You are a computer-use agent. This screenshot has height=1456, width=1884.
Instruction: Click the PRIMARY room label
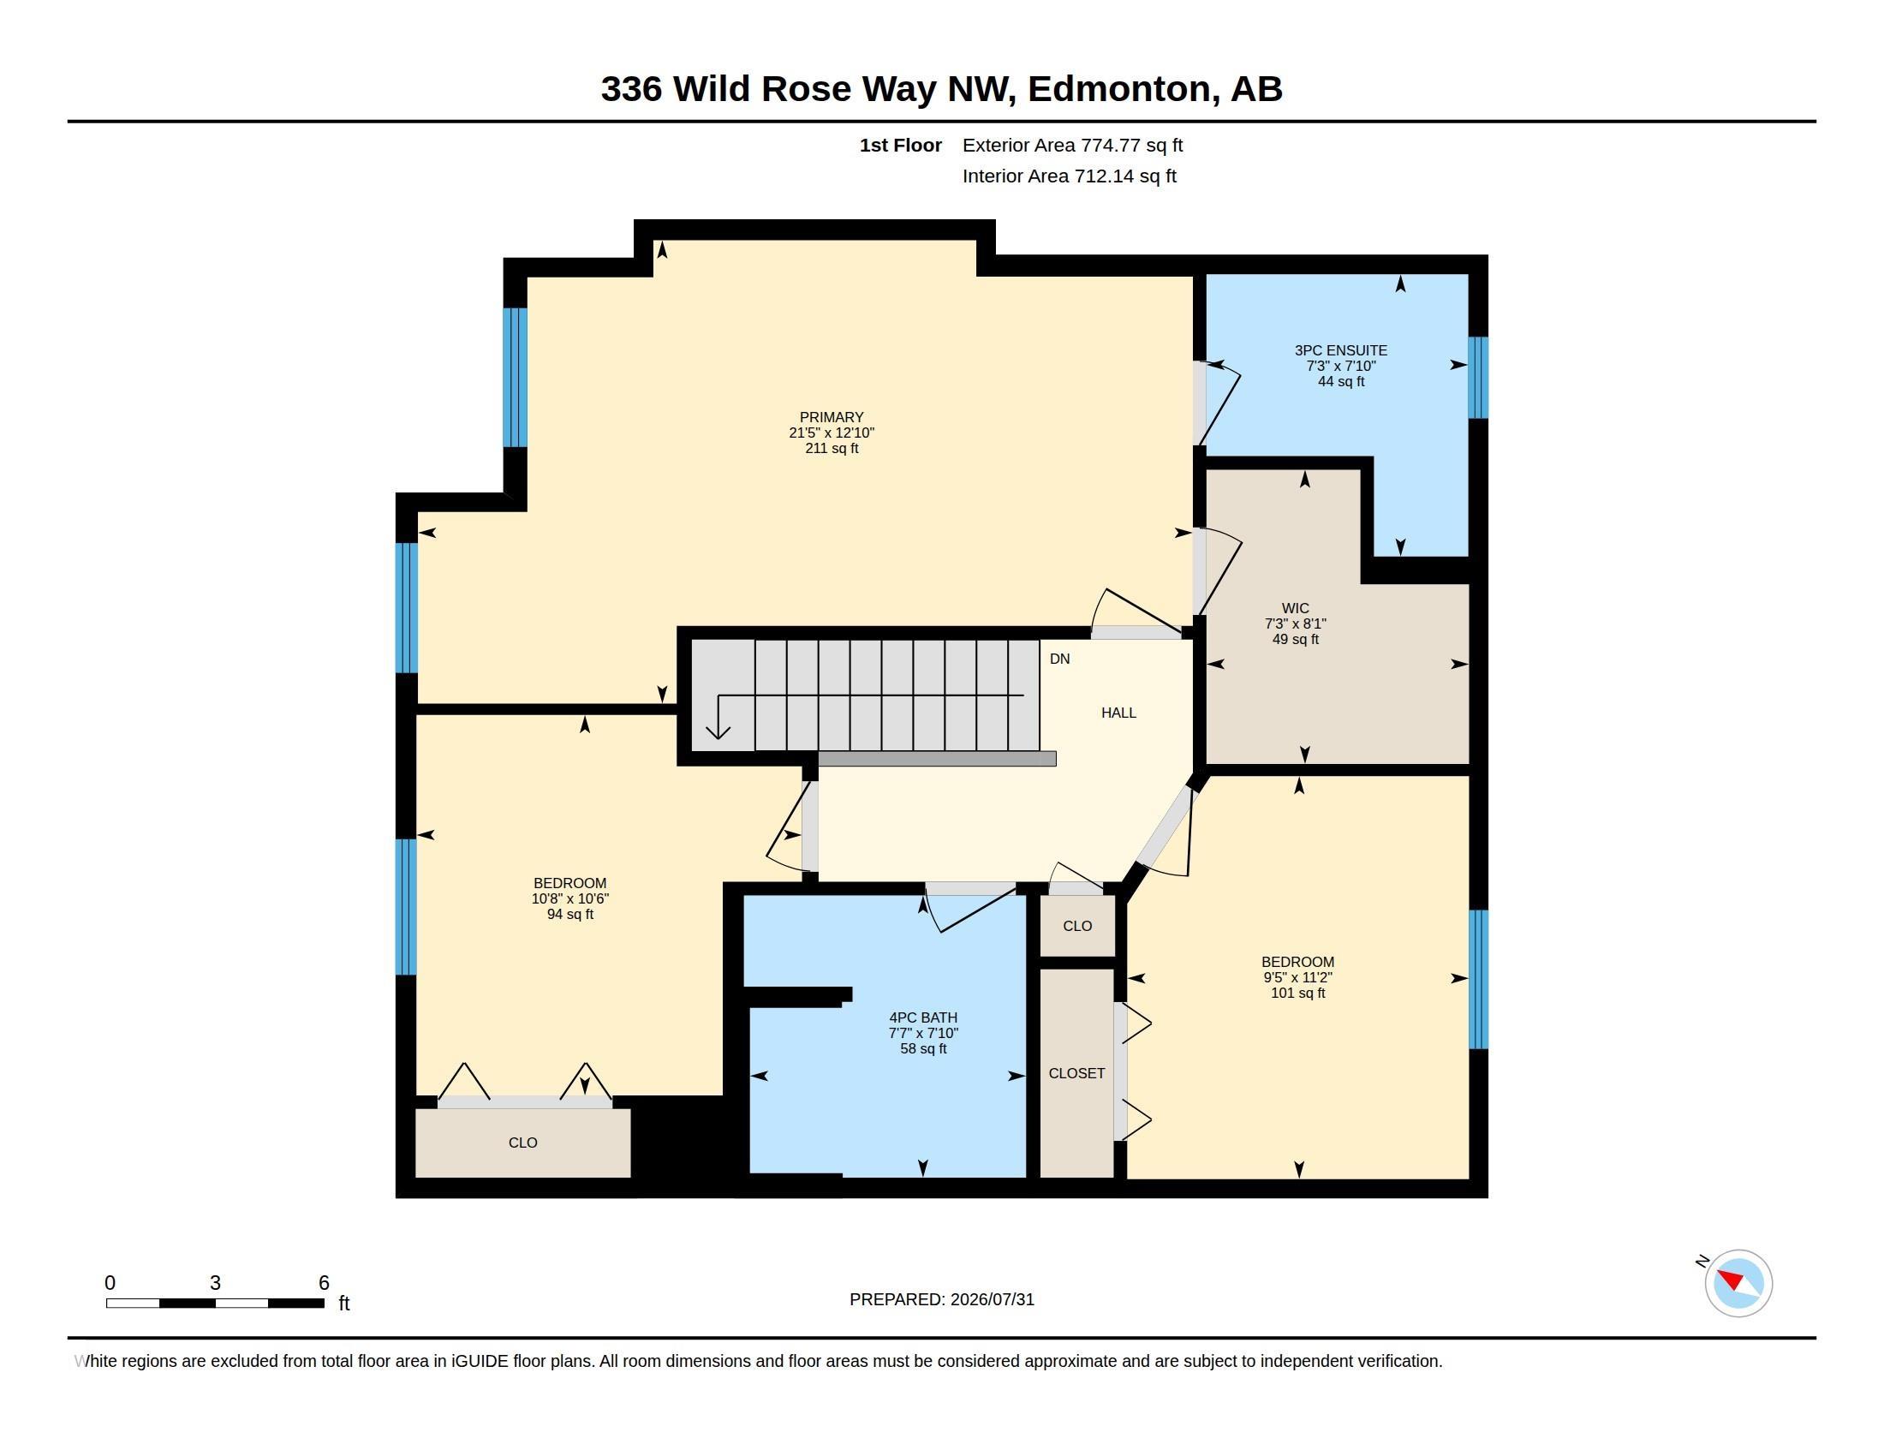pos(831,417)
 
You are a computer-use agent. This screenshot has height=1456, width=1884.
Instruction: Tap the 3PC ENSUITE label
pos(1340,350)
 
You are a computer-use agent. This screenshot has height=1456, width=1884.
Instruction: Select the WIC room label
pos(1295,608)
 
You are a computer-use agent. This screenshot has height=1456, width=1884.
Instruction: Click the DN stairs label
pos(1059,659)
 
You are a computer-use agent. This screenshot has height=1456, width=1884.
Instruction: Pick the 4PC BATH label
pos(923,1017)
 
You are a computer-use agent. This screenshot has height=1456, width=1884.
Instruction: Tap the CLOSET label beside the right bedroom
pos(1076,1073)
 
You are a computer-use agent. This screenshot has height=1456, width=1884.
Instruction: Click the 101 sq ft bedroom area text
pos(1297,993)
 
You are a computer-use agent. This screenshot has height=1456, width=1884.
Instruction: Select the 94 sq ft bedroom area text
pos(569,915)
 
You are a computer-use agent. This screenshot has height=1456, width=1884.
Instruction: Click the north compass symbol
pos(1738,1283)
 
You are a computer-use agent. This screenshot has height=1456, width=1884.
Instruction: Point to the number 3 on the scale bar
pos(215,1283)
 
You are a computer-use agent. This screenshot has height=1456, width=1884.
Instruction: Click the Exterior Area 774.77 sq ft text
pos(1072,146)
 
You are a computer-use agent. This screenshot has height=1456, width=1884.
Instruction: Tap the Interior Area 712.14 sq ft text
pos(1069,176)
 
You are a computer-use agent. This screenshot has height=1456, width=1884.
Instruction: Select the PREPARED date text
pos(941,1299)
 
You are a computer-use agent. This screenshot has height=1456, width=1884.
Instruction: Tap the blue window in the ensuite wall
pos(1478,377)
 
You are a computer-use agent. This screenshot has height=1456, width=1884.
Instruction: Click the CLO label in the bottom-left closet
pos(522,1143)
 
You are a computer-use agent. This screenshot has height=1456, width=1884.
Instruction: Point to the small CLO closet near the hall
pos(1077,926)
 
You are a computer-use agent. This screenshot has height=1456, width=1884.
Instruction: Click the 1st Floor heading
pos(900,146)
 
